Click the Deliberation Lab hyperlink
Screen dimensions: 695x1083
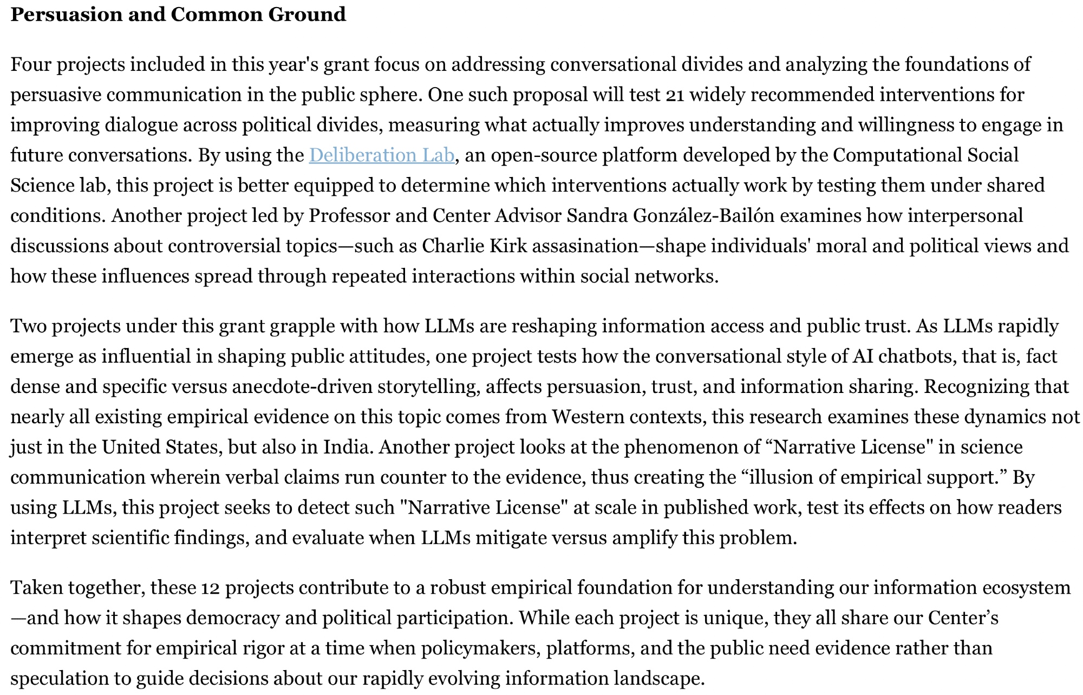(x=381, y=155)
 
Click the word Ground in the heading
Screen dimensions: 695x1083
(x=307, y=15)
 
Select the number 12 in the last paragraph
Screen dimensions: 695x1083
(x=210, y=588)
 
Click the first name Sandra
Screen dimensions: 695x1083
(x=597, y=216)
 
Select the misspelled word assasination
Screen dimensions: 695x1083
(x=585, y=246)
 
